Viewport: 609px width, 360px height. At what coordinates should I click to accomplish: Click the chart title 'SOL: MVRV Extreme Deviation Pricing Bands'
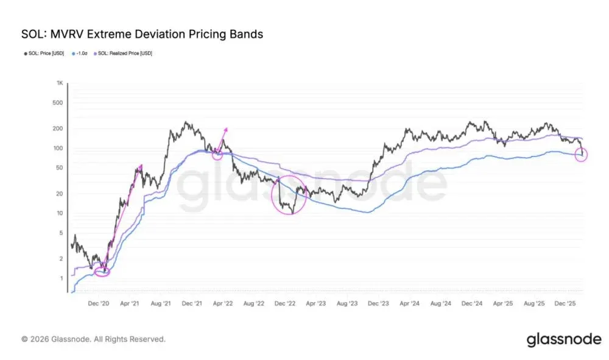point(142,34)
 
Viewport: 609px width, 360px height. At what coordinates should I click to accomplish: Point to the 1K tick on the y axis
point(60,83)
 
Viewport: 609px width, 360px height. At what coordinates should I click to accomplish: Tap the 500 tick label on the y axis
point(59,102)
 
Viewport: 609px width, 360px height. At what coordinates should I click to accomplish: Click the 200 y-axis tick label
point(59,129)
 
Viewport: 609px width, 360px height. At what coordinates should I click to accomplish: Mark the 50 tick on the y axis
point(60,168)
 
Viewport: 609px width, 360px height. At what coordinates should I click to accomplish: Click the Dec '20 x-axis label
point(99,303)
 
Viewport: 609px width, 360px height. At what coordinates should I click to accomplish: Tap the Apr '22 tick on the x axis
point(224,303)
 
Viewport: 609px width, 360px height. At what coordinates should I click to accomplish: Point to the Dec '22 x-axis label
point(285,303)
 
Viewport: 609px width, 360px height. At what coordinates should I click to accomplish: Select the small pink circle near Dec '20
point(102,270)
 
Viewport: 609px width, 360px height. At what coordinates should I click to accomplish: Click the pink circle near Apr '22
point(217,154)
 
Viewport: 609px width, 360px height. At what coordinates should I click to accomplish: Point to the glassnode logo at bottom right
point(563,339)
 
